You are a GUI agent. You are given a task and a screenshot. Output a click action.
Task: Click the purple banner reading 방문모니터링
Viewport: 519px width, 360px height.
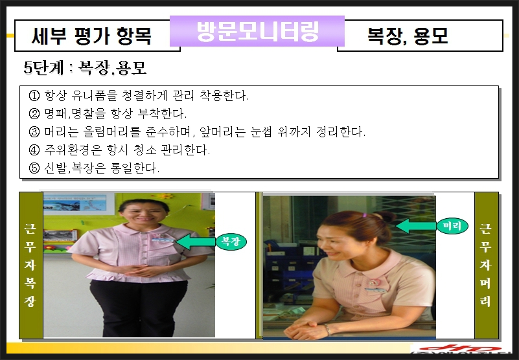click(257, 31)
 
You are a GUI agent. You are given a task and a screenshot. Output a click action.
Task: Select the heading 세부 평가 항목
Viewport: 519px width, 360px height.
click(92, 36)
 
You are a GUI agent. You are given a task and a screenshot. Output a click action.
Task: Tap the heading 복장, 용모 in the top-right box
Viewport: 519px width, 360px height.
click(408, 36)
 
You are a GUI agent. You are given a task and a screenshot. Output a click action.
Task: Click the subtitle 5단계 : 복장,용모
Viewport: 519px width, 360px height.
click(85, 68)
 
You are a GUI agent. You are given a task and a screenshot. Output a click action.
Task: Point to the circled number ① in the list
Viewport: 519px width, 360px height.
click(34, 96)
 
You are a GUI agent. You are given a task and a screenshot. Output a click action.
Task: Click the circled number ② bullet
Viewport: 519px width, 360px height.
click(34, 114)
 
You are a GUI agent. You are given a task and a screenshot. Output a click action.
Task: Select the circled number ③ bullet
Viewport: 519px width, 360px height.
click(34, 132)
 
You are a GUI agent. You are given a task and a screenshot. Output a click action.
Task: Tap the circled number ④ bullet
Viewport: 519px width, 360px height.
click(34, 150)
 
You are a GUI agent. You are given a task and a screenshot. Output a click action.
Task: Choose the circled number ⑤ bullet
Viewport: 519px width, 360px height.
click(34, 168)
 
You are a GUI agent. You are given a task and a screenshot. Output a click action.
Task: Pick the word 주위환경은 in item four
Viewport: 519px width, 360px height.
click(73, 150)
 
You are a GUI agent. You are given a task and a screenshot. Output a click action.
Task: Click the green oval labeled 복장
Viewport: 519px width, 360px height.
click(231, 242)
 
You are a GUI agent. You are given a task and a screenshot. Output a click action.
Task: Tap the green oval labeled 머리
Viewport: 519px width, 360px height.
click(452, 226)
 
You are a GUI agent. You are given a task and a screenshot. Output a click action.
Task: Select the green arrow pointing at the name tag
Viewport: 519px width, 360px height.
click(196, 242)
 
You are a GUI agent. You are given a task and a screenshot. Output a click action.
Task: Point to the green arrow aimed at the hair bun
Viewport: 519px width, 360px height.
click(416, 227)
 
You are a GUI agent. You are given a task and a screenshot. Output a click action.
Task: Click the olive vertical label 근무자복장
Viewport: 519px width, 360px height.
click(31, 265)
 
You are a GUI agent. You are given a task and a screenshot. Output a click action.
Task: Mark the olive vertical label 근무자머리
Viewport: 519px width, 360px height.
click(487, 265)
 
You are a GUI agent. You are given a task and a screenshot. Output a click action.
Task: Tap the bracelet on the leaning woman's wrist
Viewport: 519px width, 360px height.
click(327, 329)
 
